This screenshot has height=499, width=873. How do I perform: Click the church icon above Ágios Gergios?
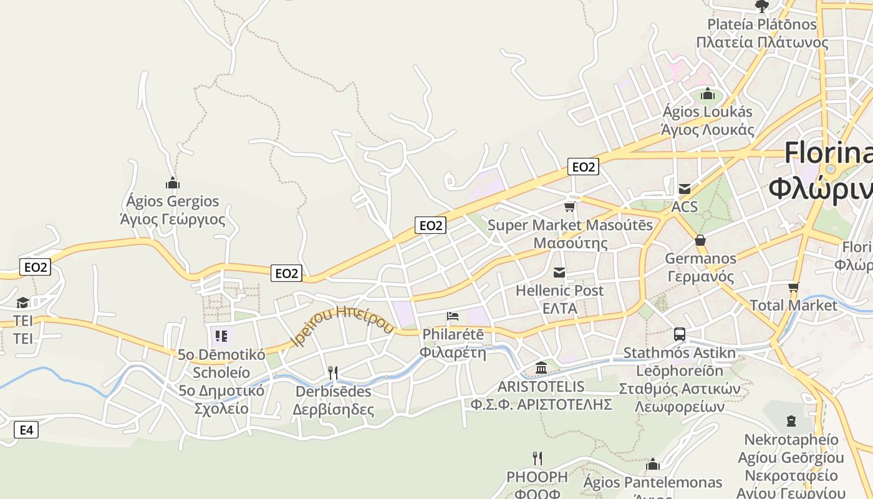173,183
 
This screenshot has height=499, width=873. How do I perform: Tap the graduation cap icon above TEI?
23,303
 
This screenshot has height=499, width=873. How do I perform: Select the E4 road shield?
26,430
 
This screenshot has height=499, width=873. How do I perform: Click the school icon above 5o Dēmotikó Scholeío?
221,337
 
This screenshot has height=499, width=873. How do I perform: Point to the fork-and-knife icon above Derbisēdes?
333,373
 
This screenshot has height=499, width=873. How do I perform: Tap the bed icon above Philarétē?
453,316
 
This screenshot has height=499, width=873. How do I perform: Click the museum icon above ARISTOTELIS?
541,368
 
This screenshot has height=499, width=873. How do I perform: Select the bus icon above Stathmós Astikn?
680,334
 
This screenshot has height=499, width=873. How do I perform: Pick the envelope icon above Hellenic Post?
559,273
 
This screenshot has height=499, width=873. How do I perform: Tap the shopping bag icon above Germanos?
700,240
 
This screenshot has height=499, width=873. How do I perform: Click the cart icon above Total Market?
793,288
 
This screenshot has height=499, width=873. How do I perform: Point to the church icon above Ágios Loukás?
707,94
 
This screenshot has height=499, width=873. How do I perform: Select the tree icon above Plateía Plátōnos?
761,7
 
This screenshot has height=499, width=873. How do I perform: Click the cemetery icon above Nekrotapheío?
791,421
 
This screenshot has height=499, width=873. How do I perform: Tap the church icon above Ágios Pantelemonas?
653,465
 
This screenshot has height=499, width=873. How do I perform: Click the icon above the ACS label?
685,189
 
